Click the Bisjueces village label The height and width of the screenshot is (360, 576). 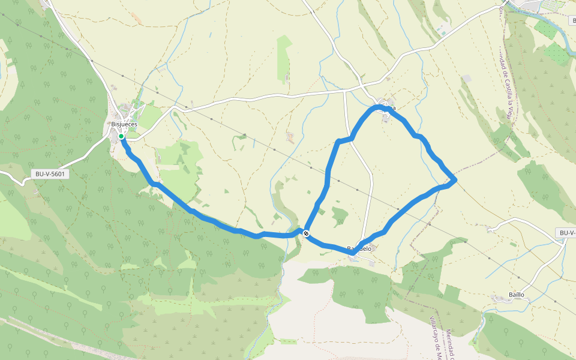tap(124, 124)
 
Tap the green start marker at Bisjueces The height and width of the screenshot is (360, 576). tap(121, 137)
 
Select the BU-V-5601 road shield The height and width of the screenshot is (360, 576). tap(50, 174)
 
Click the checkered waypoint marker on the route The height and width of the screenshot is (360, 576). tap(307, 233)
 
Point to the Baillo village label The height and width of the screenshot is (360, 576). tap(516, 295)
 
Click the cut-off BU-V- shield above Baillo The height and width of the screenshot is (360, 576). tap(567, 233)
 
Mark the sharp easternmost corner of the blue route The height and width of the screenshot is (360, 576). tap(456, 179)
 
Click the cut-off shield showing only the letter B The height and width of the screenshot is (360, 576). tap(573, 20)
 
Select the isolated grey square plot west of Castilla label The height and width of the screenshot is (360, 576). tap(467, 79)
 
